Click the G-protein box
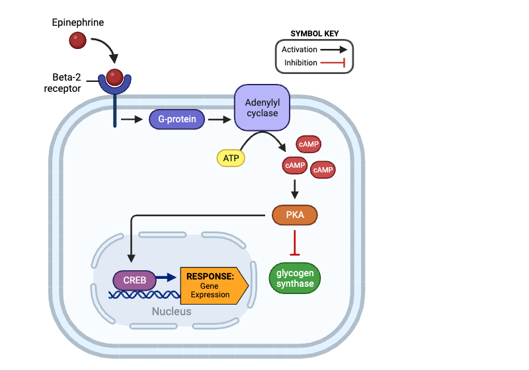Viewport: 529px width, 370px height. [x=177, y=120]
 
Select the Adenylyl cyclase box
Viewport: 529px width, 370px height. [x=262, y=108]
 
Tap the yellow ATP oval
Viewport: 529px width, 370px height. [x=230, y=159]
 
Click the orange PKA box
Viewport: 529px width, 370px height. [x=295, y=215]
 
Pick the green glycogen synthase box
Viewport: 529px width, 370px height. [x=295, y=278]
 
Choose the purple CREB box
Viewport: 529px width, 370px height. [x=134, y=280]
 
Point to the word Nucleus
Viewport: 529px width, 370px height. [x=171, y=311]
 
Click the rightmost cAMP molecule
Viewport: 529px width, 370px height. [x=323, y=170]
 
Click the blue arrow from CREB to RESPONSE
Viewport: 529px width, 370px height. [x=168, y=280]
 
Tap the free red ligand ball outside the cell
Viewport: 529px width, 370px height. [x=78, y=40]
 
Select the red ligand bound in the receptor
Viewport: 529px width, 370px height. [x=115, y=77]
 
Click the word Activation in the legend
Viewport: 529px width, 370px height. [x=299, y=50]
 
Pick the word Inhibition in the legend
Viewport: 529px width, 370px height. [x=300, y=63]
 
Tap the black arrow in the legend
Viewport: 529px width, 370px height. [x=334, y=50]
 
